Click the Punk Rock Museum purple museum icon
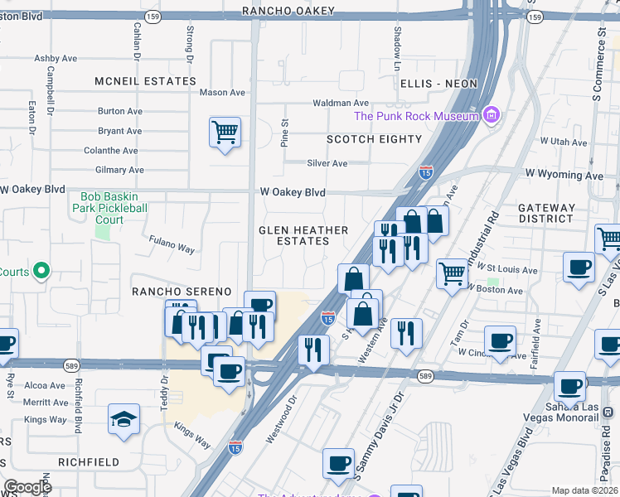click(x=492, y=115)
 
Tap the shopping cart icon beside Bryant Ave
click(x=225, y=132)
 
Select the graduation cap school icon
click(x=124, y=419)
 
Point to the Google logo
click(x=27, y=487)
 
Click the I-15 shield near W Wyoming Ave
click(x=425, y=172)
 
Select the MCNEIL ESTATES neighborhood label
click(x=145, y=81)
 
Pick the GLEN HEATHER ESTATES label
click(x=303, y=235)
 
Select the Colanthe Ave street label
click(x=111, y=151)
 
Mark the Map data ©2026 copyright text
click(x=585, y=490)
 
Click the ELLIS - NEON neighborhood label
click(x=438, y=84)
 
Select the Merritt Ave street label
click(x=45, y=402)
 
